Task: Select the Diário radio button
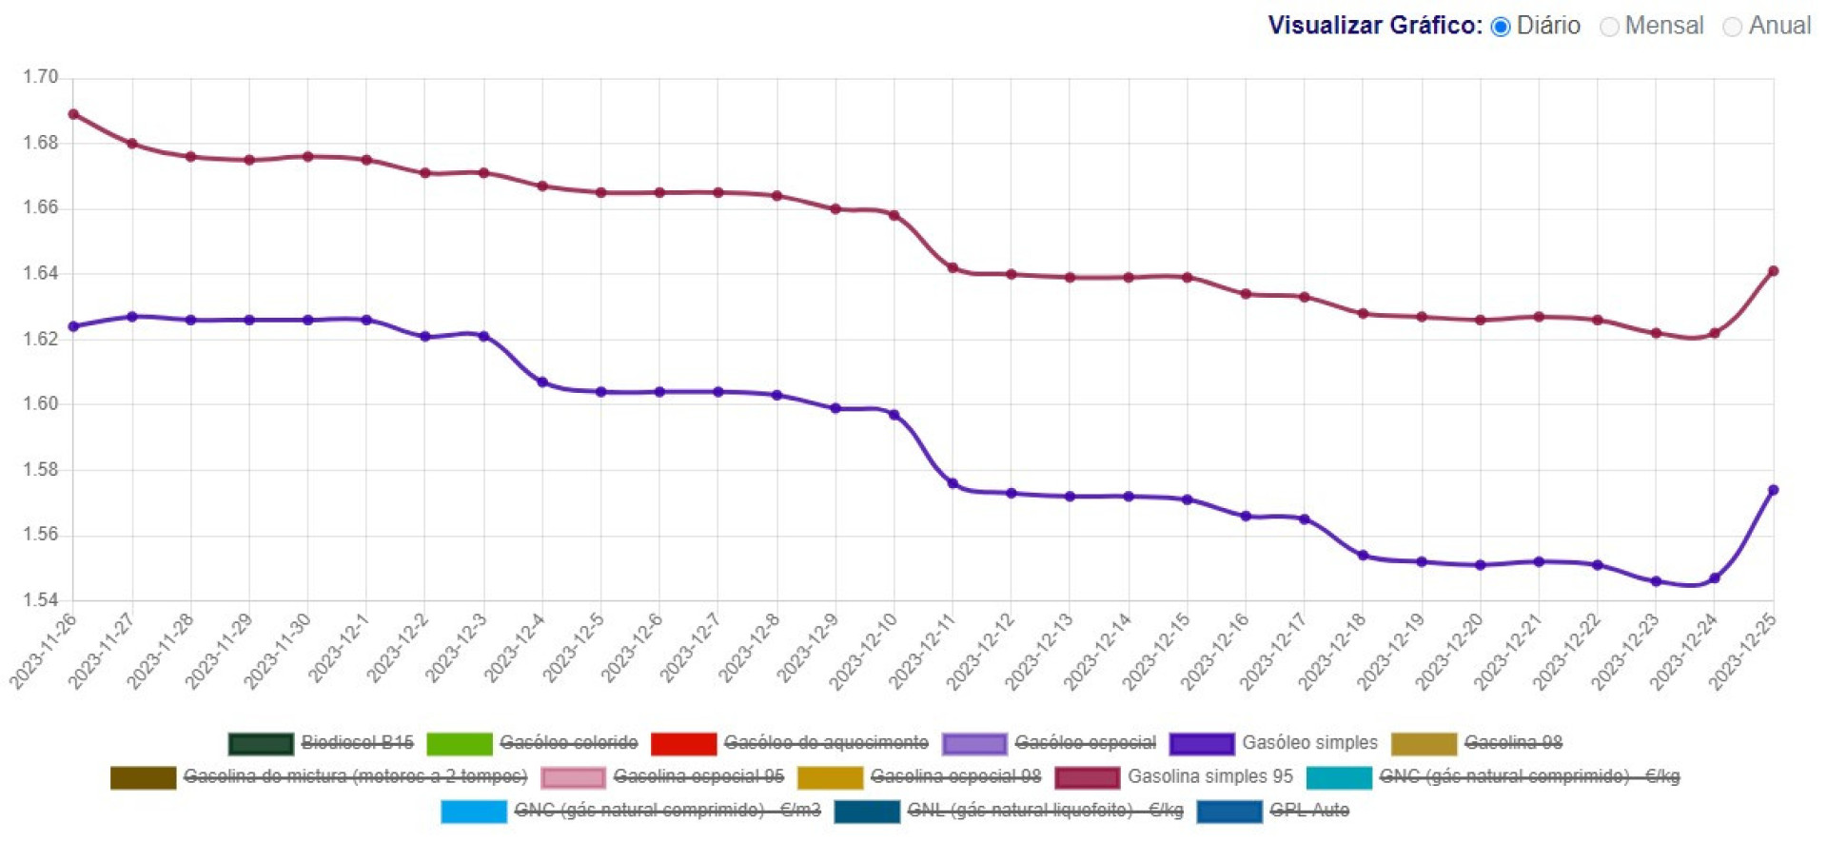pos(1501,27)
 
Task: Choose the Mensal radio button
pos(1609,27)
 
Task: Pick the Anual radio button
pos(1733,27)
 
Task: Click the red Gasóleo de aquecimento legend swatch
pos(683,743)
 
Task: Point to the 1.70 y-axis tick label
pos(41,77)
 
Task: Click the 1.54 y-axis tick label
pos(41,600)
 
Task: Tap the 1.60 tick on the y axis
pos(41,404)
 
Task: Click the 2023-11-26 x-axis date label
pos(44,651)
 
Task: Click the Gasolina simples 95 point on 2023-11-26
pos(73,114)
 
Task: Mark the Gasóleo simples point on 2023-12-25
pos(1773,490)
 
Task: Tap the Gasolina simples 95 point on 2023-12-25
pos(1773,271)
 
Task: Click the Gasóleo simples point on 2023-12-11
pos(953,483)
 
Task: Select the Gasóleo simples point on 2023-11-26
pos(73,326)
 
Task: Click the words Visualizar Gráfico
pos(1374,26)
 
